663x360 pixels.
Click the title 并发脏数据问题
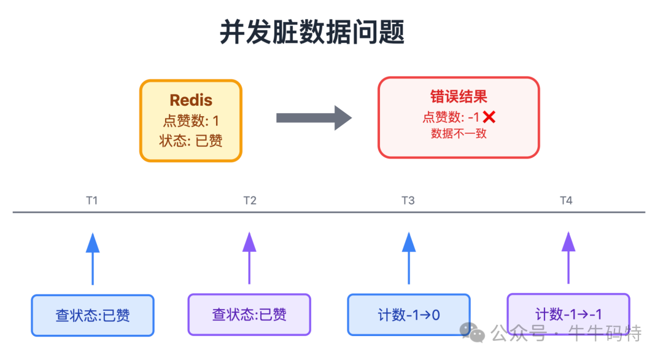coord(312,33)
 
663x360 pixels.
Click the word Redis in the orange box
coord(191,100)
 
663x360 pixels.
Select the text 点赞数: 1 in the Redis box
coord(191,120)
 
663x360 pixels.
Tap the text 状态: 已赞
coord(191,141)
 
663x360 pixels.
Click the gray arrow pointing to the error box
coord(313,118)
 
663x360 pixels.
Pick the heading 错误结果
coord(459,97)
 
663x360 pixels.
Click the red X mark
coord(489,117)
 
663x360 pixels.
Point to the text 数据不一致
coord(459,133)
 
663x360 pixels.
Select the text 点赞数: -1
coord(451,117)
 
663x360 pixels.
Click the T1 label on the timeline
coord(92,200)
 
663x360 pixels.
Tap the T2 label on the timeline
coord(249,200)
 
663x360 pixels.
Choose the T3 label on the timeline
coord(408,200)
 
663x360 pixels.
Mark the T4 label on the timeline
coord(566,200)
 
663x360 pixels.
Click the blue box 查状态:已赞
coord(93,315)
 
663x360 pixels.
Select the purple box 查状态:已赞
coord(249,315)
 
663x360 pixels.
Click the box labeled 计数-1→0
coord(409,315)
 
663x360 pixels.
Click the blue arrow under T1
coord(93,258)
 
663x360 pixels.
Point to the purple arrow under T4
coord(568,258)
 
